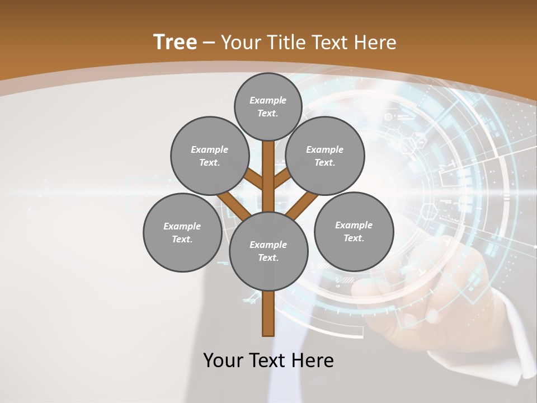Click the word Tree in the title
[x=175, y=42]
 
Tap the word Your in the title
[x=241, y=43]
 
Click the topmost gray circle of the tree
[x=268, y=106]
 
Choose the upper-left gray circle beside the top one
[x=209, y=156]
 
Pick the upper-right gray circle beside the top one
[x=324, y=156]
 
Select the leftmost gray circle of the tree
[x=182, y=232]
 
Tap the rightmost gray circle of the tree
[x=354, y=231]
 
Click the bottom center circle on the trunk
[x=268, y=251]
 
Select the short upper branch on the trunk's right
[x=281, y=180]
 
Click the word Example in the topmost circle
[x=268, y=100]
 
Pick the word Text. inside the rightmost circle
[x=354, y=238]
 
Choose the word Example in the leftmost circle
[x=182, y=226]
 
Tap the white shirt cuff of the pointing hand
[x=517, y=336]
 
